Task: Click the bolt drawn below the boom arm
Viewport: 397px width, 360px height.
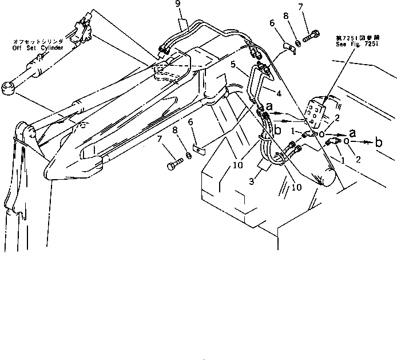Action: (x=172, y=166)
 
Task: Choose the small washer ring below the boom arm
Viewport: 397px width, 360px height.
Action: (x=188, y=156)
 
